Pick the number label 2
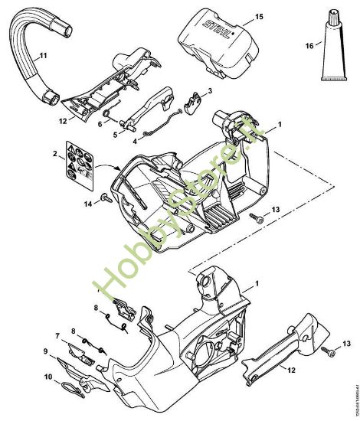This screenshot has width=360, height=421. (x=55, y=155)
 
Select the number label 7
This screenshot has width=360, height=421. (x=57, y=335)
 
